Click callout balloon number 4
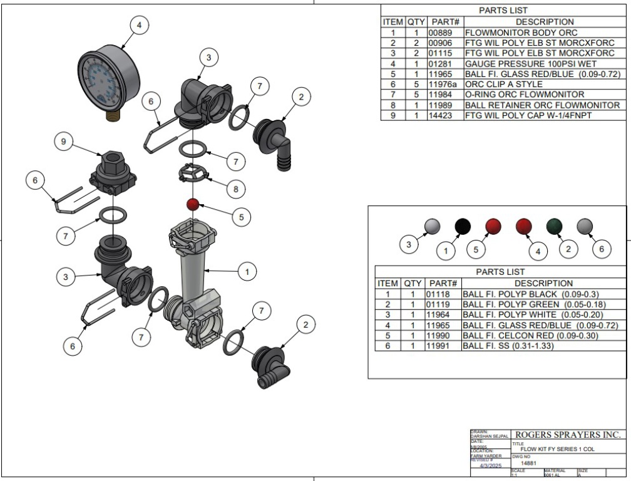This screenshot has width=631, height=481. click(139, 26)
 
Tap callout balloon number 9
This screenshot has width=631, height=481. click(61, 143)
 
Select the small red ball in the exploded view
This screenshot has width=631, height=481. click(193, 204)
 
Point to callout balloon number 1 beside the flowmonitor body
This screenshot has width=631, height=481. click(249, 272)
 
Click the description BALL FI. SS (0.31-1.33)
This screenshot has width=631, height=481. click(508, 346)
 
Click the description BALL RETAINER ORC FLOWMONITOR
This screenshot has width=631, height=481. click(542, 105)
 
